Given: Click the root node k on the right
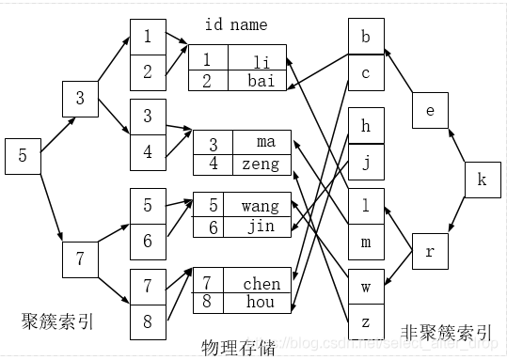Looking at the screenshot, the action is point(482,180).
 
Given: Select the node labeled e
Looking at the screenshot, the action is point(430,111).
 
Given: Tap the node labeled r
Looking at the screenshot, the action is point(430,252).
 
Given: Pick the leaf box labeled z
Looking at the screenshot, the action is point(365,321).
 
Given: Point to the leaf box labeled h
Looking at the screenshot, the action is point(365,126).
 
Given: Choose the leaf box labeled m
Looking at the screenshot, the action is point(365,242).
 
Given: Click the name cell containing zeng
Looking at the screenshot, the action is point(260,164).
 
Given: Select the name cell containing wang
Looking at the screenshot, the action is point(260,206).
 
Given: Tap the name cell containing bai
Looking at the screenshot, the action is point(260,81).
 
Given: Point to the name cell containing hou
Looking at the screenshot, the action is point(260,304).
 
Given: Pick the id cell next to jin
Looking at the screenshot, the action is point(213,227).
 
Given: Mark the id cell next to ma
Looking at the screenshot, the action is point(213,144).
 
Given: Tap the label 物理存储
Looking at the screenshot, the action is point(239,348).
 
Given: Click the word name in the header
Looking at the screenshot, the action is point(248,24).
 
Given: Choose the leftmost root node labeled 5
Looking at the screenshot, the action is point(23,156).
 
